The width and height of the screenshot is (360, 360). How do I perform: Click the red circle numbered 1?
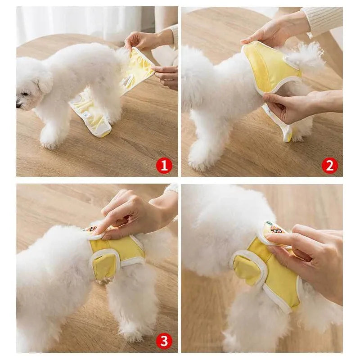pyautogui.click(x=164, y=166)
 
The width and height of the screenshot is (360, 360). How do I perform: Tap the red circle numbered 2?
pyautogui.click(x=329, y=166)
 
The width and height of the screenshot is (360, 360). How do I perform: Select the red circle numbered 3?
pyautogui.click(x=164, y=341)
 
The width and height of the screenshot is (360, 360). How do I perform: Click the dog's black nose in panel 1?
pyautogui.click(x=18, y=104)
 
